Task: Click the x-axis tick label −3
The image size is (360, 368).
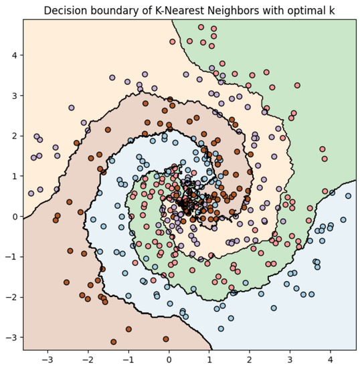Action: [x=48, y=359]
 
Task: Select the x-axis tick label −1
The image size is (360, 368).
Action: [x=128, y=359]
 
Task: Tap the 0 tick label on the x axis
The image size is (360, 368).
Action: [x=169, y=359]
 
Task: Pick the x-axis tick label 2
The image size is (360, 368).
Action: [x=250, y=359]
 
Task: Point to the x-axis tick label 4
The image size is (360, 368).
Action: [x=331, y=359]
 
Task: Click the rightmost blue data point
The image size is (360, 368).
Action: [x=348, y=196]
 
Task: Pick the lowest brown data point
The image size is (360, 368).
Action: [x=114, y=341]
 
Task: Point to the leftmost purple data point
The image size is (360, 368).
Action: [x=31, y=193]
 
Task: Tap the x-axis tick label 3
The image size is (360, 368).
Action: [x=290, y=359]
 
